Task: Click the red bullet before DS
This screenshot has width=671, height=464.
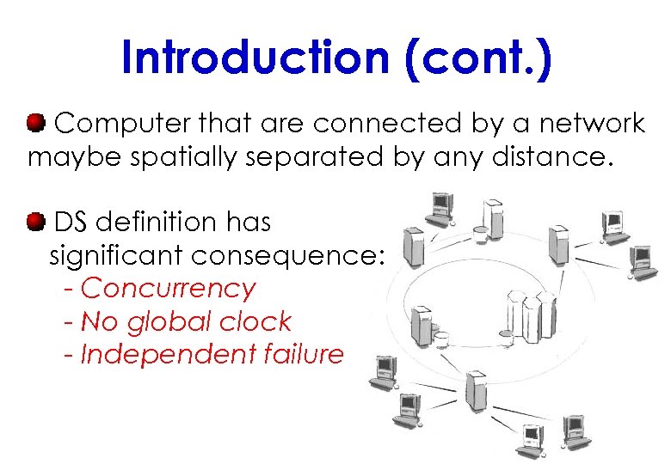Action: pos(36,223)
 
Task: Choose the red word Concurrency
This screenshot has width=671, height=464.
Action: pos(168,289)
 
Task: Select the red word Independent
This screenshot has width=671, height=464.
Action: pos(157,354)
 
